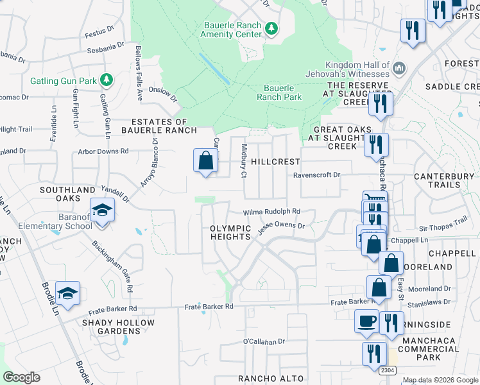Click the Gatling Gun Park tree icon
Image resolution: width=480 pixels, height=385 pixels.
[107, 81]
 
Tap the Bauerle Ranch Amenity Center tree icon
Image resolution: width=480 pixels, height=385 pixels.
[271, 28]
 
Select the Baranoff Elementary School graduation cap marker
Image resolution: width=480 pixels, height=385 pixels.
[102, 211]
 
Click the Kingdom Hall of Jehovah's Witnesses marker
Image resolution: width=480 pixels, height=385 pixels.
[399, 68]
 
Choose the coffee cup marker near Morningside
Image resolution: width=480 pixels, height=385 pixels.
[366, 321]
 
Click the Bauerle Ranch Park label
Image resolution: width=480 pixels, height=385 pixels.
[279, 93]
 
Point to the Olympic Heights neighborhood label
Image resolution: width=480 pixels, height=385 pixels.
[230, 232]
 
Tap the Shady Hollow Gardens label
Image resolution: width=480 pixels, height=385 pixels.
[118, 327]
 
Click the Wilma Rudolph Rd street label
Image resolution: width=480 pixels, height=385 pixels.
[271, 212]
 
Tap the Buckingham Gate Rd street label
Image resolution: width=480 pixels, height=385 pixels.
[112, 266]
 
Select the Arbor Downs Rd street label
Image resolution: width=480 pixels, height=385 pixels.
[103, 151]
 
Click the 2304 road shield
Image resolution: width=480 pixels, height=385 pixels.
[387, 370]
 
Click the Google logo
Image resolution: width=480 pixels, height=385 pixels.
[21, 377]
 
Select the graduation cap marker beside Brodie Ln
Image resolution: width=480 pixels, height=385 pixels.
[67, 293]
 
